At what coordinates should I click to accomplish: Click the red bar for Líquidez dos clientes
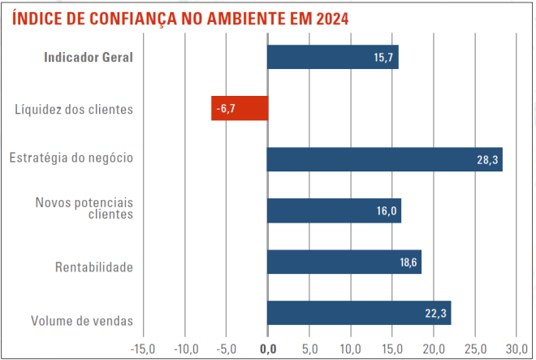tap(240, 108)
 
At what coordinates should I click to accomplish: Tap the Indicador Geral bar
tap(332, 57)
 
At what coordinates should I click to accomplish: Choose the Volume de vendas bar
tap(358, 313)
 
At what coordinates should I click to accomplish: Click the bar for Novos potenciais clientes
tap(334, 210)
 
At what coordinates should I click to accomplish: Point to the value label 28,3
tap(487, 160)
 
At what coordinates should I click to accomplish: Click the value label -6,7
tap(225, 108)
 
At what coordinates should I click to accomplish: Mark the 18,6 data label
tap(407, 262)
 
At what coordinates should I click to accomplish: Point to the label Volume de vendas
tap(82, 319)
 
